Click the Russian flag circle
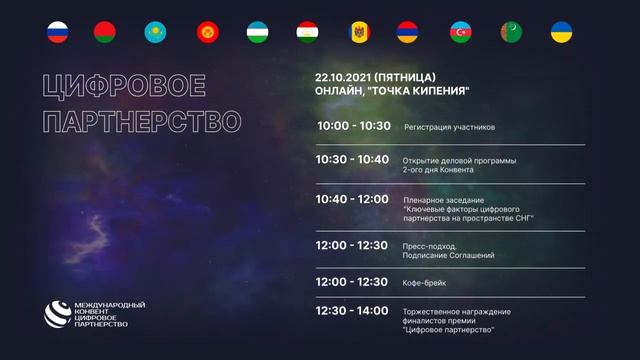point(57,31)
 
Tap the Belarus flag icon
point(106,31)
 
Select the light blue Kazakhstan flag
point(156,31)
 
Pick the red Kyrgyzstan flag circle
point(207,31)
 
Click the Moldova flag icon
point(358,31)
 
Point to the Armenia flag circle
point(408,31)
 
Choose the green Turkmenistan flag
point(511,31)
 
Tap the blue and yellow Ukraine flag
point(561,31)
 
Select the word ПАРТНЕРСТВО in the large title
point(141,122)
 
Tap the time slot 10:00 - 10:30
point(353,127)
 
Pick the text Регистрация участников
point(449,128)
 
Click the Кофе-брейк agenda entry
point(425,283)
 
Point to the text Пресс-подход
point(430,245)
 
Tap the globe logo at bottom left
point(56,313)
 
